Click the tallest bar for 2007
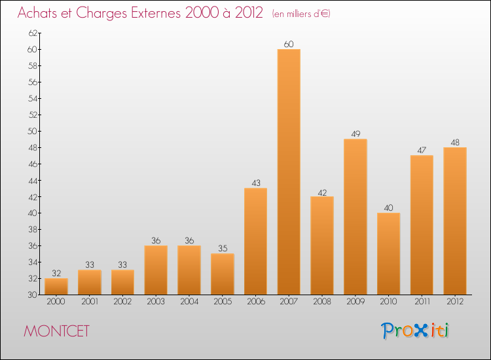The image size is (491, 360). pos(289,171)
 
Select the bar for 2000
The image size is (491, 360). pos(56,286)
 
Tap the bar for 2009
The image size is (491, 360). pos(355,217)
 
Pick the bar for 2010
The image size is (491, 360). pos(388,253)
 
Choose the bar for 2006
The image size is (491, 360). pos(255,241)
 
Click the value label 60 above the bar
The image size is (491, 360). pos(289,44)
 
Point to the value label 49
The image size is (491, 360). pos(355,134)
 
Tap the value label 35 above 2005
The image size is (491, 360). pos(222,249)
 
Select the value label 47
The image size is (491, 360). pos(422,151)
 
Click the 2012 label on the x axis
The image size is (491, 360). pos(455,302)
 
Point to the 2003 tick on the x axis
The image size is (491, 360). pos(156,302)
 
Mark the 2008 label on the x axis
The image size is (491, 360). pos(322,302)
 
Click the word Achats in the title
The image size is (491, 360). pos(39,14)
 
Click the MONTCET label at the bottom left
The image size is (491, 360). pos(56,331)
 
